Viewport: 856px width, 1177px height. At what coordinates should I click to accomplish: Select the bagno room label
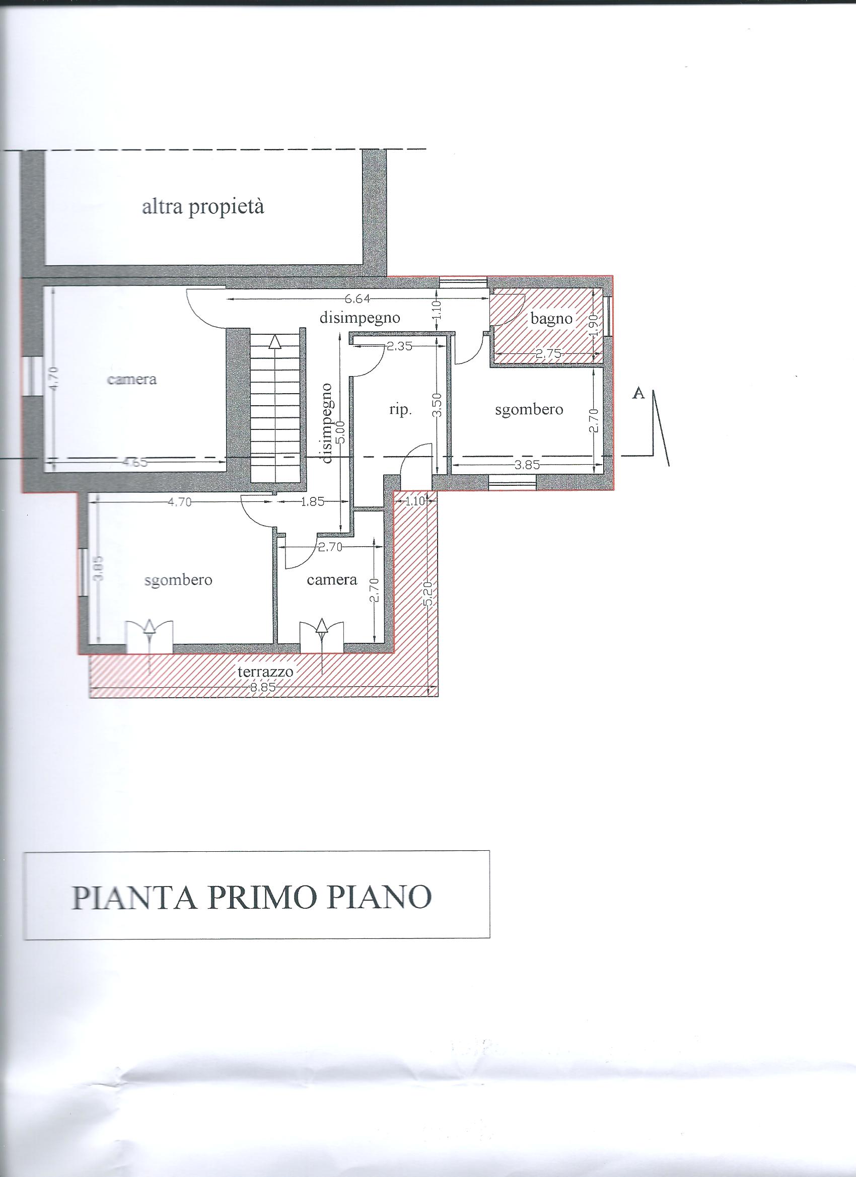pos(551,319)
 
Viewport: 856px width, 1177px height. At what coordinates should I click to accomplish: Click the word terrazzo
pos(265,672)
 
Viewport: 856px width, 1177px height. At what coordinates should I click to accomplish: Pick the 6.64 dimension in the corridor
pos(355,299)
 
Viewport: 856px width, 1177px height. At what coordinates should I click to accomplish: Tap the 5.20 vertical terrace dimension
pos(429,595)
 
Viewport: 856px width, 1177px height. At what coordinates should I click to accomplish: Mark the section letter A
pos(638,394)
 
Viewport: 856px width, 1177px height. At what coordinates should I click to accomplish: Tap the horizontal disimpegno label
pos(360,318)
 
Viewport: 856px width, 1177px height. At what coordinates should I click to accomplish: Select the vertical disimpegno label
pos(326,423)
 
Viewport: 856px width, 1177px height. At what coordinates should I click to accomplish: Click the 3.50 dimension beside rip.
pos(437,405)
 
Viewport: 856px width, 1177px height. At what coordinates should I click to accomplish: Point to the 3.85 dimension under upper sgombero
pos(527,465)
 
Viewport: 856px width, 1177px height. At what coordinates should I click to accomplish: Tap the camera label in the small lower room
pos(332,579)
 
